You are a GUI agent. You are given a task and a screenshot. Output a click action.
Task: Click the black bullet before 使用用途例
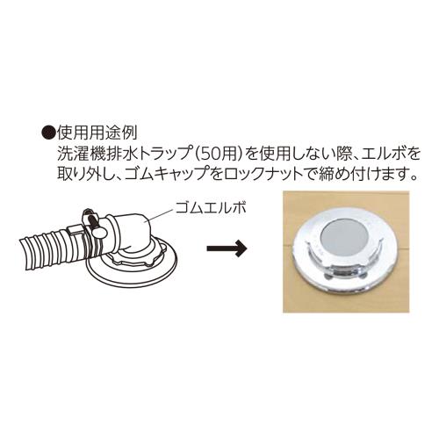pos(48,134)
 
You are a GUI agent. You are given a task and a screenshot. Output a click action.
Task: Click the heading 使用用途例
pos(97,134)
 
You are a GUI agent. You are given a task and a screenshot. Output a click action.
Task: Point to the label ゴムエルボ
pos(211,207)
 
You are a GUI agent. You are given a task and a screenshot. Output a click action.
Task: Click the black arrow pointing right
pos(227,248)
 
